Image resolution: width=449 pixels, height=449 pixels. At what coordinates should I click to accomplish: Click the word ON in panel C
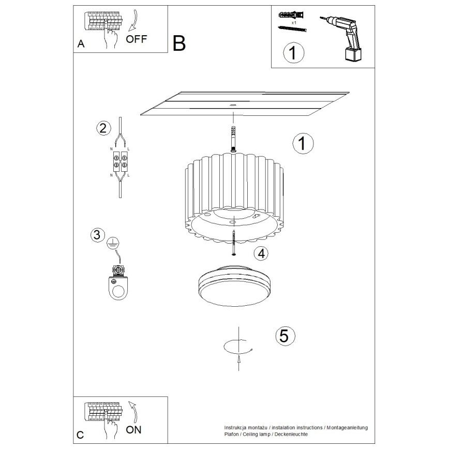(x=133, y=429)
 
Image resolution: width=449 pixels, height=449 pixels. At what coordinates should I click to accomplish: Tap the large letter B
(x=179, y=43)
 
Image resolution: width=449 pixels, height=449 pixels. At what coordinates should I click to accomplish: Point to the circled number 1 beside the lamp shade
(x=303, y=144)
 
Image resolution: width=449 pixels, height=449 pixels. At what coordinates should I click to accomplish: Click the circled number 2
(x=103, y=128)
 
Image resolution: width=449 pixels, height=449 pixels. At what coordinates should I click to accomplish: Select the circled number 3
(x=96, y=235)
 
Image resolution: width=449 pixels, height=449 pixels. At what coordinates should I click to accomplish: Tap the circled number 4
(x=262, y=253)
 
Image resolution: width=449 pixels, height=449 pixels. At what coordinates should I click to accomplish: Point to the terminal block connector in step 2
(x=119, y=161)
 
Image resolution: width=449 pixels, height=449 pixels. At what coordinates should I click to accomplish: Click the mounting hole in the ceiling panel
(x=232, y=105)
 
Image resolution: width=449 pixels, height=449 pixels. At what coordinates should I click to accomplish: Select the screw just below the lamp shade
(x=234, y=243)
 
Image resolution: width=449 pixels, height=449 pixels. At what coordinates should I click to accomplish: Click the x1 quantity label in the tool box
(x=293, y=23)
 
